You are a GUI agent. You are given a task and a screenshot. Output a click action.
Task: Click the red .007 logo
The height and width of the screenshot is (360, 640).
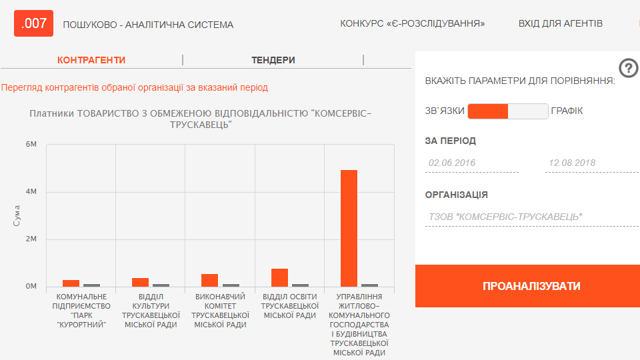(x=33, y=23)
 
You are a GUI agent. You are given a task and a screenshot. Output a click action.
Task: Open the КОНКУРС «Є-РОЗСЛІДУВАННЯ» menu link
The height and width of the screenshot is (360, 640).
(x=412, y=24)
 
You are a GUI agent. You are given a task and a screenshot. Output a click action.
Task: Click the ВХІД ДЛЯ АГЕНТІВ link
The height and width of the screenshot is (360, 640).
(x=561, y=24)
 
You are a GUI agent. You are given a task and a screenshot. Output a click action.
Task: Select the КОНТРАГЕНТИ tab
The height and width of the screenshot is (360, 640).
(x=91, y=60)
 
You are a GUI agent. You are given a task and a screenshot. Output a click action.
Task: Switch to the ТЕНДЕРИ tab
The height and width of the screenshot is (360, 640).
(x=273, y=60)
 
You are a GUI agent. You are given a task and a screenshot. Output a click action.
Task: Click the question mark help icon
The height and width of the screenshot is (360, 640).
(x=629, y=68)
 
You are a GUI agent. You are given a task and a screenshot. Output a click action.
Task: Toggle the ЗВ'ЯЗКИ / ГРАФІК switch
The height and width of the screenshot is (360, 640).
(x=508, y=111)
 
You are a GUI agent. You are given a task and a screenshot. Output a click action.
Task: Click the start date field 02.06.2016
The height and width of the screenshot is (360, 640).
(x=472, y=163)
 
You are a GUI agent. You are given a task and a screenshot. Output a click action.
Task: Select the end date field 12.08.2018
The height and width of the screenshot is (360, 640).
(x=592, y=163)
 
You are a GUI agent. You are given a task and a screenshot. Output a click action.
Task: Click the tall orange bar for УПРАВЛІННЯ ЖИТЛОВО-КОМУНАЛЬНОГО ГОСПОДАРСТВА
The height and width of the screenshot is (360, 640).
(x=349, y=228)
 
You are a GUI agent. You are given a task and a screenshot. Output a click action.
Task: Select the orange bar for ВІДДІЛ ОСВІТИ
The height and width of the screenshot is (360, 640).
(x=279, y=277)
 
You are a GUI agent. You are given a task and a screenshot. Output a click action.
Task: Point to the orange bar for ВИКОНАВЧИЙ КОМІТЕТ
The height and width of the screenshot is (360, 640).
(x=210, y=281)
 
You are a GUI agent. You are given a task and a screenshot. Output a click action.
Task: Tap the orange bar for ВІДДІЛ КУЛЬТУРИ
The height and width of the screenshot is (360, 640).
(x=141, y=283)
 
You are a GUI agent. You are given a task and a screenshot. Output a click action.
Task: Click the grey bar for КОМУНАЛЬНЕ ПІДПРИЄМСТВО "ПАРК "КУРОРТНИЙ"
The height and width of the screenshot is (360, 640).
(x=92, y=285)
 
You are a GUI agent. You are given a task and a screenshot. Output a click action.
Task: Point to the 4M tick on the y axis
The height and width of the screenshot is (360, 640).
(x=31, y=191)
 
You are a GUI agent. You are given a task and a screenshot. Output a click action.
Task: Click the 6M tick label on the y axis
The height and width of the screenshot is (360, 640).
(x=31, y=144)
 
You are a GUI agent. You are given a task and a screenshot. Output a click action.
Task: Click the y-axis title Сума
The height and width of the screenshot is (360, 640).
(x=16, y=215)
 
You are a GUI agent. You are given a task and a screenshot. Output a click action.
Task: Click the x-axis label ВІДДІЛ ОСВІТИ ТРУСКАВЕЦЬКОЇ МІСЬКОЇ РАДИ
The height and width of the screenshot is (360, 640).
(x=290, y=306)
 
